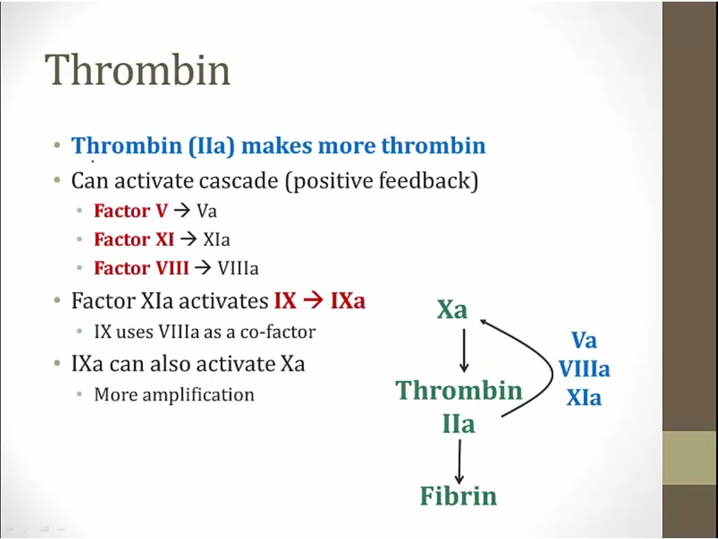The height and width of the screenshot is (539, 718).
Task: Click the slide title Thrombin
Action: pyautogui.click(x=137, y=69)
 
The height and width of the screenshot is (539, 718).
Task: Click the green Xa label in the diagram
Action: pyautogui.click(x=452, y=309)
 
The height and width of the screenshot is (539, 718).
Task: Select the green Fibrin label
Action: pyautogui.click(x=459, y=495)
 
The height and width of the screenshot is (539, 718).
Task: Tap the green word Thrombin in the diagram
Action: pyautogui.click(x=459, y=390)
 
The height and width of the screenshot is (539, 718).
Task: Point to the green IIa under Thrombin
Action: pyautogui.click(x=459, y=424)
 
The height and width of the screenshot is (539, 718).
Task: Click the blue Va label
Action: pyautogui.click(x=584, y=340)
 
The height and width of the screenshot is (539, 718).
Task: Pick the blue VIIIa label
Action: pyautogui.click(x=584, y=369)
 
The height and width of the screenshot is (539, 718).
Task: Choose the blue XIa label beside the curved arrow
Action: pyautogui.click(x=584, y=398)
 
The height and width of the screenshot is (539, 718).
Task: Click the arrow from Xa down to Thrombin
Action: pyautogui.click(x=464, y=351)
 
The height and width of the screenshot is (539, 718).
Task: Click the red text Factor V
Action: pyautogui.click(x=131, y=211)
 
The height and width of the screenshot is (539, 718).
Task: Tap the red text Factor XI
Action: pyautogui.click(x=134, y=240)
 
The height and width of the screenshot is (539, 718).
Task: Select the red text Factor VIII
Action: pyautogui.click(x=141, y=268)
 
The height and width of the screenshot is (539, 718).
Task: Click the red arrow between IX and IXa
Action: pyautogui.click(x=314, y=301)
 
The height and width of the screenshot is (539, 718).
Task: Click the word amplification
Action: pyautogui.click(x=199, y=394)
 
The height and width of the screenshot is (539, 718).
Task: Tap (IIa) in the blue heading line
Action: pyautogui.click(x=211, y=146)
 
